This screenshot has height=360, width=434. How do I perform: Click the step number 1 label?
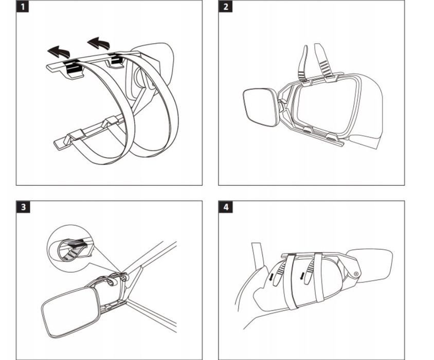coord(23,6)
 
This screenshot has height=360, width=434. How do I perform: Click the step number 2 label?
coord(225,6)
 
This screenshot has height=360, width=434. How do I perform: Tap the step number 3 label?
coord(23,207)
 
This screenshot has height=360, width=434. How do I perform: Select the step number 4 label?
coord(226,207)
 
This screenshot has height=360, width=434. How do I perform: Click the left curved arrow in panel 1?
coord(59,52)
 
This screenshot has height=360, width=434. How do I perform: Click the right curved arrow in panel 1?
coord(99,43)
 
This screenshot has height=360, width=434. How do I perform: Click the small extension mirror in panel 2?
coord(261,107)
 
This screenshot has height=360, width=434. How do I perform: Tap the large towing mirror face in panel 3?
coord(70,312)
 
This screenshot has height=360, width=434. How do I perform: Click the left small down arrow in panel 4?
coord(272,277)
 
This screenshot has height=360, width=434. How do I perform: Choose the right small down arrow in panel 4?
coord(302,275)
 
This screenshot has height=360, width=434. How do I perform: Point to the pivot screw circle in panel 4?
coord(356,274)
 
